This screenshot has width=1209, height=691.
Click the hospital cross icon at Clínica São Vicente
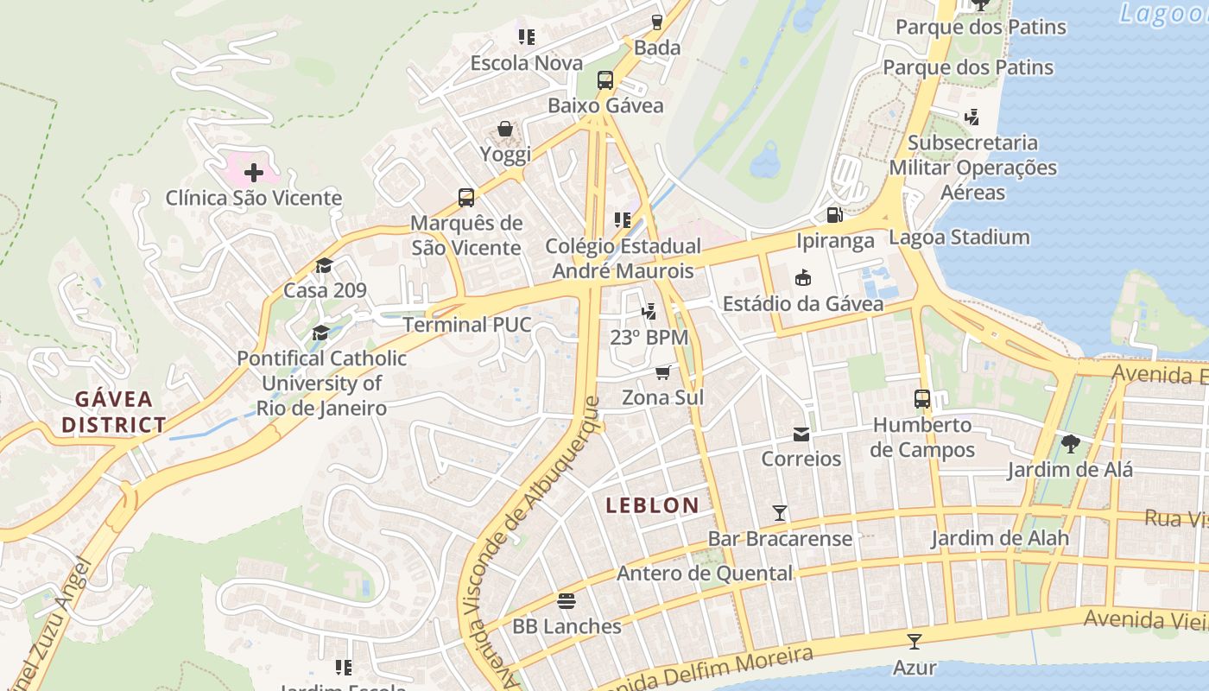(253, 172)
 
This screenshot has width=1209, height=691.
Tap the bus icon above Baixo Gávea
(605, 80)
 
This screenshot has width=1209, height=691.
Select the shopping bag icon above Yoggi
(505, 130)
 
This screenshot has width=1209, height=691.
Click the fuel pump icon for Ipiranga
(834, 215)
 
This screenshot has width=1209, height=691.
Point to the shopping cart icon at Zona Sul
(662, 372)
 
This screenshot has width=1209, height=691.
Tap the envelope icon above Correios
(801, 434)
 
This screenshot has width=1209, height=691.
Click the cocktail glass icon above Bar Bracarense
(780, 513)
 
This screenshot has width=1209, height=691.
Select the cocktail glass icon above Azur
(915, 642)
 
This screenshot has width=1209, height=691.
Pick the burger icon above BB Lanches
(567, 600)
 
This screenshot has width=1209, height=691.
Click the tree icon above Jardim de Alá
(1071, 445)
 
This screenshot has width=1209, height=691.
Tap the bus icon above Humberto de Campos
(922, 399)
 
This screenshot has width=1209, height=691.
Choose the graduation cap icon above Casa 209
(325, 265)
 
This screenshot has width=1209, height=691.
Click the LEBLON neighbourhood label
(652, 505)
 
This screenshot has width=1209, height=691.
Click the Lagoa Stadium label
(959, 237)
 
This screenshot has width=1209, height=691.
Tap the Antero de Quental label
(704, 574)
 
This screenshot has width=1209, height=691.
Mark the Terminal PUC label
(467, 325)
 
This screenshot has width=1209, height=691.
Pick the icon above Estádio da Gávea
(802, 277)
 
